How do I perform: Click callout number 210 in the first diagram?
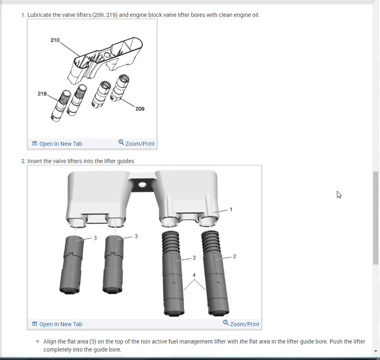(55, 40)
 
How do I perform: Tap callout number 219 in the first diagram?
(42, 94)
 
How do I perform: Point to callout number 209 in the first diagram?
(140, 109)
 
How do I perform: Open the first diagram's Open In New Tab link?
(61, 144)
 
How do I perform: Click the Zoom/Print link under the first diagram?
(140, 144)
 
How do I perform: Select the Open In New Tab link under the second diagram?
(61, 324)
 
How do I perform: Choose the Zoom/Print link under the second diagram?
(244, 324)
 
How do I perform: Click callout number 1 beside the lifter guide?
(231, 209)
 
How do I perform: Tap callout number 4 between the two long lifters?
(194, 275)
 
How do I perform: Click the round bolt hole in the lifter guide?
(142, 185)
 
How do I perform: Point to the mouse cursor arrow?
(339, 194)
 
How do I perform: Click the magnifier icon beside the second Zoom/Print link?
(226, 323)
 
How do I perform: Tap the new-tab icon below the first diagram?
(35, 143)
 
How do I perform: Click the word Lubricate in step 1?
(39, 15)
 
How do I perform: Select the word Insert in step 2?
(35, 161)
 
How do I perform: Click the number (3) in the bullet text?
(93, 341)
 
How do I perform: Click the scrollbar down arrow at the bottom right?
(376, 351)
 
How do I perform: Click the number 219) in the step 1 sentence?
(112, 15)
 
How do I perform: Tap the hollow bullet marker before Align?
(37, 341)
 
